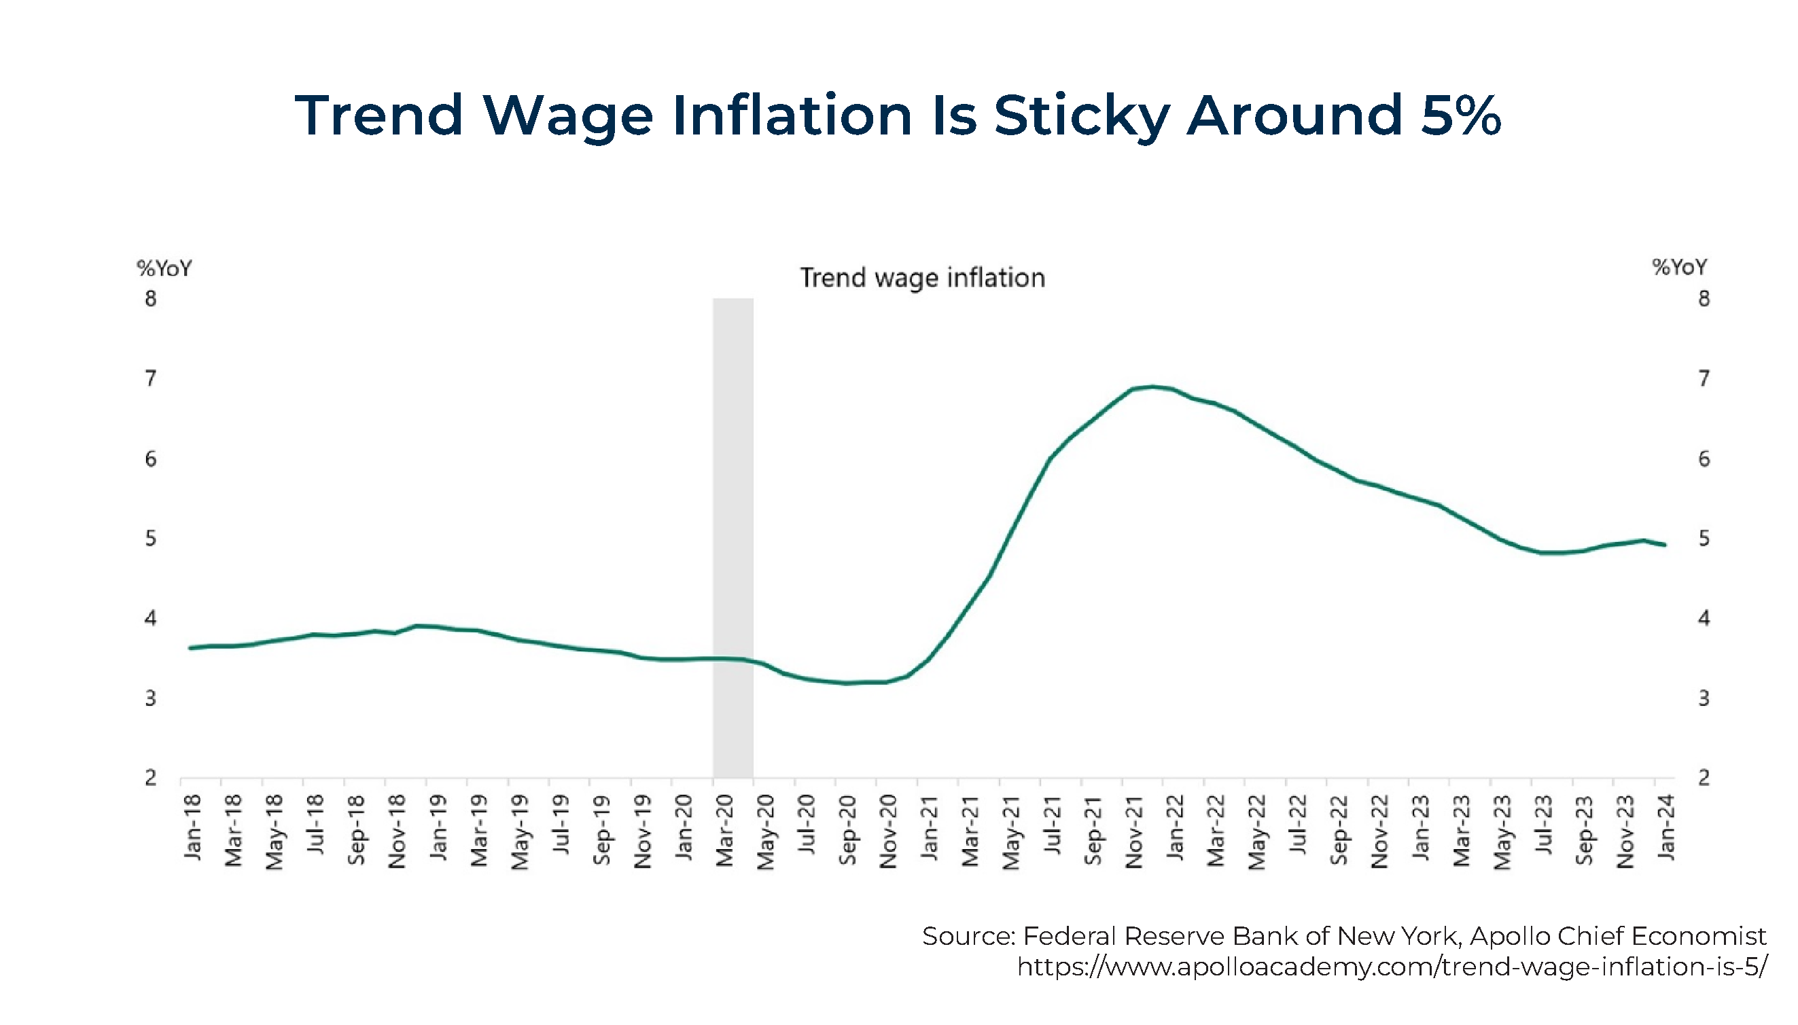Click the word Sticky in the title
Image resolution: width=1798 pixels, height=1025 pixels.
[x=1081, y=116]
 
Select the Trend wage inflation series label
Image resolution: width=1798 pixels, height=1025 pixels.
[x=922, y=278]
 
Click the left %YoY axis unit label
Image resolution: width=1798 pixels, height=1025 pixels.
[x=164, y=268]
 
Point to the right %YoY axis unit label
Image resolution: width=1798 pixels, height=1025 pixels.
[x=1680, y=268]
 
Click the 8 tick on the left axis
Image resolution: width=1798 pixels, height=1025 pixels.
[x=151, y=299]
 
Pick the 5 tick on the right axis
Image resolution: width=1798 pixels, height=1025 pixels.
[x=1704, y=539]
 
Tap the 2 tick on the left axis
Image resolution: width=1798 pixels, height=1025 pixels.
[x=151, y=778]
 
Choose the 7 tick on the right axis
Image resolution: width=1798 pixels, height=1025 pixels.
[x=1704, y=379]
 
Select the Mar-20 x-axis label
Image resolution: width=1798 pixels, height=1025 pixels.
[x=724, y=831]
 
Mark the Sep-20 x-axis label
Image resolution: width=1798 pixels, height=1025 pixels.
[x=847, y=831]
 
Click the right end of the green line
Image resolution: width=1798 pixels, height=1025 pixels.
[x=1664, y=545]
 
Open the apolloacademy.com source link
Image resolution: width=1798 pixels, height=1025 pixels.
[x=1392, y=967]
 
